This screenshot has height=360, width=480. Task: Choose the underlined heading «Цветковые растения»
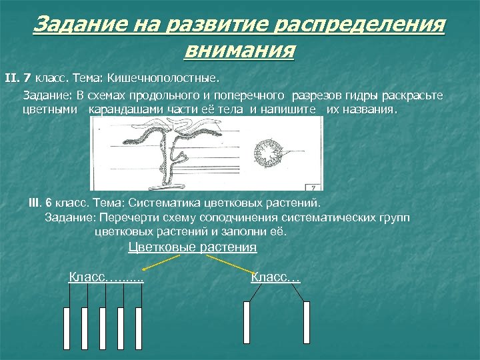point(192,247)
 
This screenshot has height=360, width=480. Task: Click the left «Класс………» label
point(107,277)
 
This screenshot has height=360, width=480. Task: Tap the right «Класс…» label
point(275,277)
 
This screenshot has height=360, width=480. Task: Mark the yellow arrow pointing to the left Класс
point(160,263)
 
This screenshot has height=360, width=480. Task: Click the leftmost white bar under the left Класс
point(67,326)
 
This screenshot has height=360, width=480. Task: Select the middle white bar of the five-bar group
point(103,326)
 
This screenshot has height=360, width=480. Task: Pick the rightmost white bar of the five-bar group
point(139,326)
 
